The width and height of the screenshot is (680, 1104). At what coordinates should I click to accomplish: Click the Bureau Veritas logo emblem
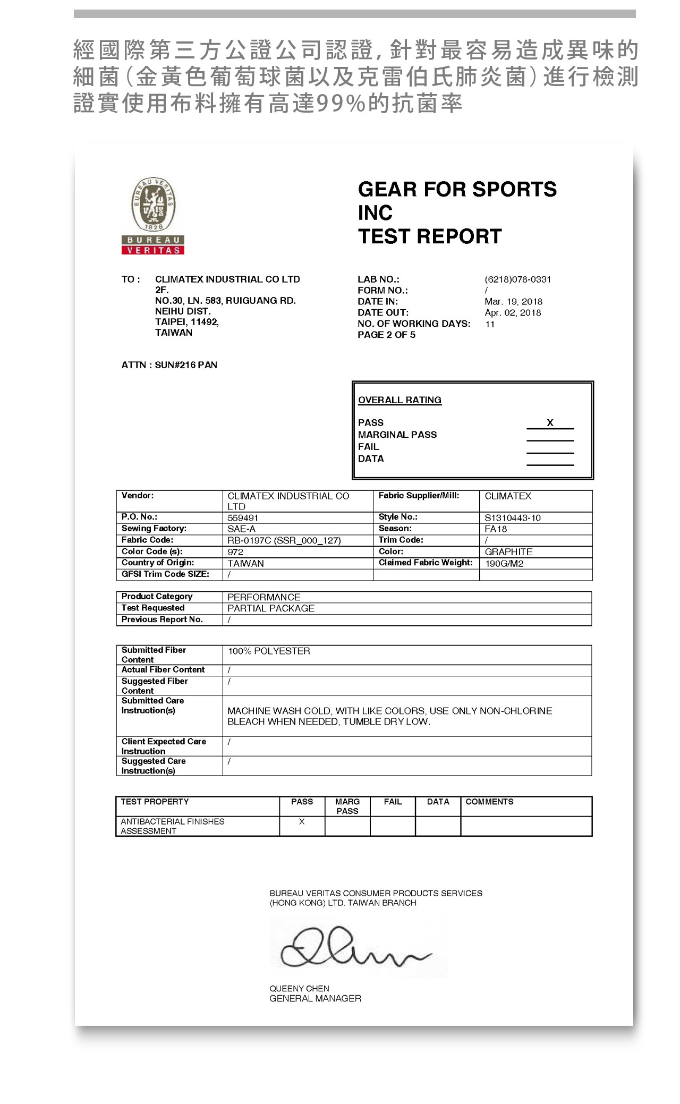coord(153,205)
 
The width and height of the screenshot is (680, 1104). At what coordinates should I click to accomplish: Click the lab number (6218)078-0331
coord(517,279)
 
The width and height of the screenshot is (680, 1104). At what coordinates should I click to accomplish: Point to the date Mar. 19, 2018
coord(513,302)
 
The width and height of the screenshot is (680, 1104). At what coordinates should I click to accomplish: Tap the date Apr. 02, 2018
coord(513,313)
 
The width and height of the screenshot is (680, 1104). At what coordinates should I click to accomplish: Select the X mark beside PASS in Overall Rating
coord(550,423)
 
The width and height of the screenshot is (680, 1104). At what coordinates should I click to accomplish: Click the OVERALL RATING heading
coord(399,400)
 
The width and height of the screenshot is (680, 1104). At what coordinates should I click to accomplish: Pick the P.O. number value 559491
coord(243,518)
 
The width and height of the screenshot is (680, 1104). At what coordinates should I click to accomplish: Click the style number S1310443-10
coord(512,518)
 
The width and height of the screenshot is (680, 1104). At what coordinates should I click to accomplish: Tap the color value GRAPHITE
coord(508,552)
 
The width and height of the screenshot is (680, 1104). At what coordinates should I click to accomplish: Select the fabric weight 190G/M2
coord(504,564)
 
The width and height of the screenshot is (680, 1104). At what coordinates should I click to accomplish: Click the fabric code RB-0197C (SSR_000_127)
coord(284,541)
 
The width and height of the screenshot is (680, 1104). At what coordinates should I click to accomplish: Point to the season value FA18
coord(496,529)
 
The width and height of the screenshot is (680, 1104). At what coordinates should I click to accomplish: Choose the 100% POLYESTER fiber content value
coord(269,651)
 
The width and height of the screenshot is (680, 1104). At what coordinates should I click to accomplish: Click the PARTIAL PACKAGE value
coord(271,608)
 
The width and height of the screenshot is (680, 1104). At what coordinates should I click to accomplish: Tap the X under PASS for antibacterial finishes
coord(302,822)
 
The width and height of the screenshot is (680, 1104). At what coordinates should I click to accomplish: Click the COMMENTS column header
coord(489,802)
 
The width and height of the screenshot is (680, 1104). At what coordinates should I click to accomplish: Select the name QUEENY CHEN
coord(299,989)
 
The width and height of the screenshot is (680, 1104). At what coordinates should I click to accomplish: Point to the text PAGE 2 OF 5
coord(386,335)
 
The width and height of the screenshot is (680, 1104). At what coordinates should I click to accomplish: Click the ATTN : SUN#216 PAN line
coord(169,365)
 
